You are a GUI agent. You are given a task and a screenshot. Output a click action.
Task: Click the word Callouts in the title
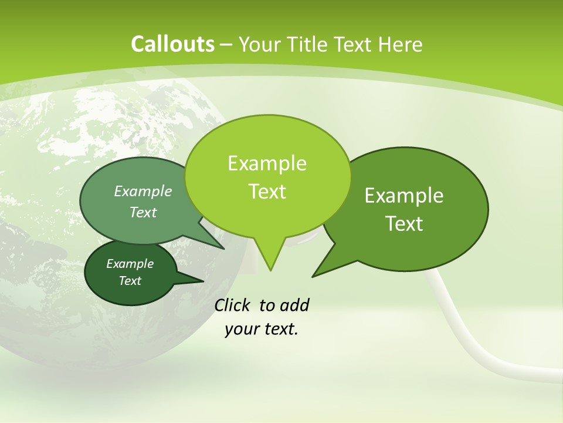pyautogui.click(x=172, y=44)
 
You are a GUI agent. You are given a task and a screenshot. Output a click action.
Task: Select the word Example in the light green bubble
pyautogui.click(x=267, y=163)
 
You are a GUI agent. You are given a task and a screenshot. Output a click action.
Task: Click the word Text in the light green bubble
pyautogui.click(x=267, y=192)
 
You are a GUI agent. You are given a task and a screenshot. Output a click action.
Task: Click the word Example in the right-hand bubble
pyautogui.click(x=404, y=196)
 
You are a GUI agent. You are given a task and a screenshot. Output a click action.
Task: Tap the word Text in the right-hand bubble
pyautogui.click(x=405, y=224)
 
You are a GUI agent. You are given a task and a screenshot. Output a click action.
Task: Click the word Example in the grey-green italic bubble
pyautogui.click(x=143, y=191)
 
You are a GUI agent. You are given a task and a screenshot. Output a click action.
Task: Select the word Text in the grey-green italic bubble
pyautogui.click(x=143, y=212)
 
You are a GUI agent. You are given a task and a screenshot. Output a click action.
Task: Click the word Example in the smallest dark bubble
pyautogui.click(x=130, y=264)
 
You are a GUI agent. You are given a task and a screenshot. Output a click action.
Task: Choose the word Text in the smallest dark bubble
pyautogui.click(x=130, y=281)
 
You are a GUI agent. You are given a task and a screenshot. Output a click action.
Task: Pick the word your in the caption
pyautogui.click(x=240, y=329)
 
